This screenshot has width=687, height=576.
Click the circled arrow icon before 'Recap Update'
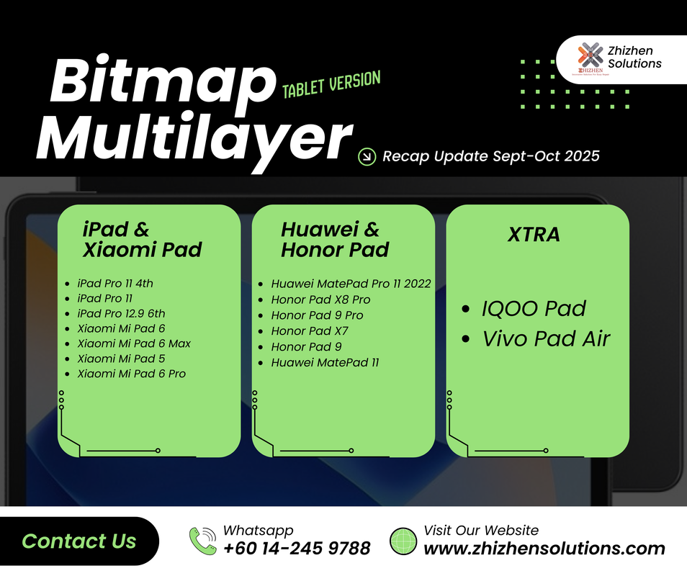point(367,156)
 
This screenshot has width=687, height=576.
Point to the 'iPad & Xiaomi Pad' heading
point(142,240)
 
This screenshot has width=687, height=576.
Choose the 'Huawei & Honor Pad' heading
point(335,240)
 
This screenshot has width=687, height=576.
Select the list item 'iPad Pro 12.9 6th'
point(121,313)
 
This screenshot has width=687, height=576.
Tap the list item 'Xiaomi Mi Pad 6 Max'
point(133,343)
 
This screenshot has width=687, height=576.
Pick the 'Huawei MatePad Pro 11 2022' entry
point(351,284)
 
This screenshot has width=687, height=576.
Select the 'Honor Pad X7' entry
point(310,331)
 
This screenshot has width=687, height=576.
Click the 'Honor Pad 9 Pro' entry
point(317,315)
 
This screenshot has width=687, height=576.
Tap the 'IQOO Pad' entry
point(534,309)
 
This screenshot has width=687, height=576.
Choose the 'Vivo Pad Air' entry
point(546,338)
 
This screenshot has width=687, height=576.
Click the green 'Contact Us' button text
point(79,541)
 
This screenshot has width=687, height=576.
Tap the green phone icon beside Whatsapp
point(202,541)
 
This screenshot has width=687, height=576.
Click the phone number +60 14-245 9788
point(297,549)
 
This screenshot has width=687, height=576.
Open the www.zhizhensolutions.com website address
point(544,549)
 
